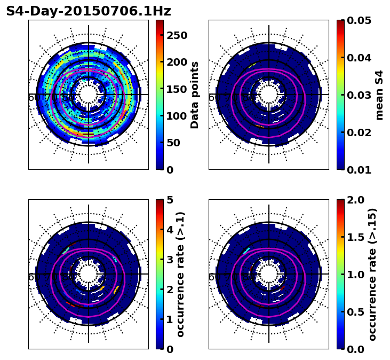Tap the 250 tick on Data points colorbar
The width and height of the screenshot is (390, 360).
(177, 35)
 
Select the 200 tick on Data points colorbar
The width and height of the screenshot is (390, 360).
(177, 62)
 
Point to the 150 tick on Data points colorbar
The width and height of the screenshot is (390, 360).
(177, 89)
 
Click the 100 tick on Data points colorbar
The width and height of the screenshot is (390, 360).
(177, 116)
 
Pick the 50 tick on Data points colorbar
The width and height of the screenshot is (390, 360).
(177, 143)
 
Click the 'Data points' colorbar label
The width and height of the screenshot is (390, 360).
(195, 95)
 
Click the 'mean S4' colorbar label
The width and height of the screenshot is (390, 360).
(379, 95)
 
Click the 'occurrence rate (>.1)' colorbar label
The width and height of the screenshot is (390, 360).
(180, 274)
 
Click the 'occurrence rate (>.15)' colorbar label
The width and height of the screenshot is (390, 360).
(372, 274)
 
